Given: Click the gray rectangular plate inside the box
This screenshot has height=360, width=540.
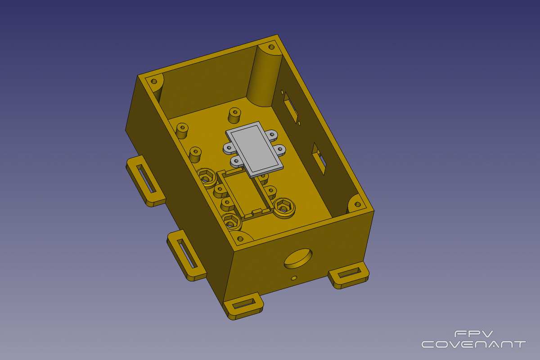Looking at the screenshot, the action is click(x=254, y=149).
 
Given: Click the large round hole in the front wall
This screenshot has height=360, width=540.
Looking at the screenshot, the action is click(x=298, y=258).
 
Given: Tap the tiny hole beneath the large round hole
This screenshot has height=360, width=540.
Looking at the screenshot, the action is click(x=293, y=278).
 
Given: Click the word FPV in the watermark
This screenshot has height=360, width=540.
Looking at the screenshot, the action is click(x=473, y=334).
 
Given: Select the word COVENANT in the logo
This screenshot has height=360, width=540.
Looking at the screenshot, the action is click(x=473, y=344).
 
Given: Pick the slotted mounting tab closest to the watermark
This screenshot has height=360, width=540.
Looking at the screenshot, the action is click(x=348, y=275).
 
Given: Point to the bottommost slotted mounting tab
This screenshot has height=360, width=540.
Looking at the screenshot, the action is click(x=243, y=306).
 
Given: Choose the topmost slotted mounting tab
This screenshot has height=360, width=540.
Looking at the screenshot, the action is click(x=146, y=180).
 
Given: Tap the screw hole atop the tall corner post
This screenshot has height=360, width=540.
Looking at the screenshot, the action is click(x=271, y=47).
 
